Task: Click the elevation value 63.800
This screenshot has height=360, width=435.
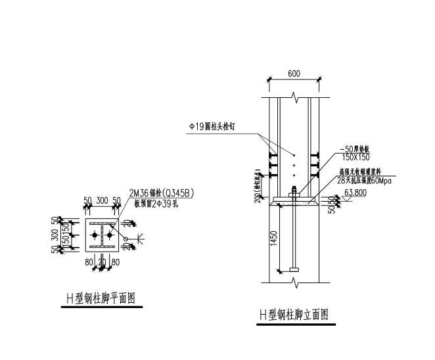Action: (355, 193)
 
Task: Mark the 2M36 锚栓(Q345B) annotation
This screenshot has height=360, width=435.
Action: (162, 192)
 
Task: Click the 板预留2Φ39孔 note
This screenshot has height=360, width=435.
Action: (156, 202)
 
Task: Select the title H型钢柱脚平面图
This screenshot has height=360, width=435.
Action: (100, 299)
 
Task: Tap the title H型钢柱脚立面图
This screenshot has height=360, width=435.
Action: (294, 316)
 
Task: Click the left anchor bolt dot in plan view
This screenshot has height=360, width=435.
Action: (95, 235)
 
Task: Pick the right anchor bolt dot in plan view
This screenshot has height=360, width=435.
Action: (110, 235)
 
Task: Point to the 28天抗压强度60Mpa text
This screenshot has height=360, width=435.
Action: (363, 180)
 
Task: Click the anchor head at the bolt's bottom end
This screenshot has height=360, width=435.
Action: (294, 268)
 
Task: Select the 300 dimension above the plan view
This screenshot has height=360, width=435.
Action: (102, 200)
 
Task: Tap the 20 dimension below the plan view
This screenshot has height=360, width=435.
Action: (103, 263)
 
